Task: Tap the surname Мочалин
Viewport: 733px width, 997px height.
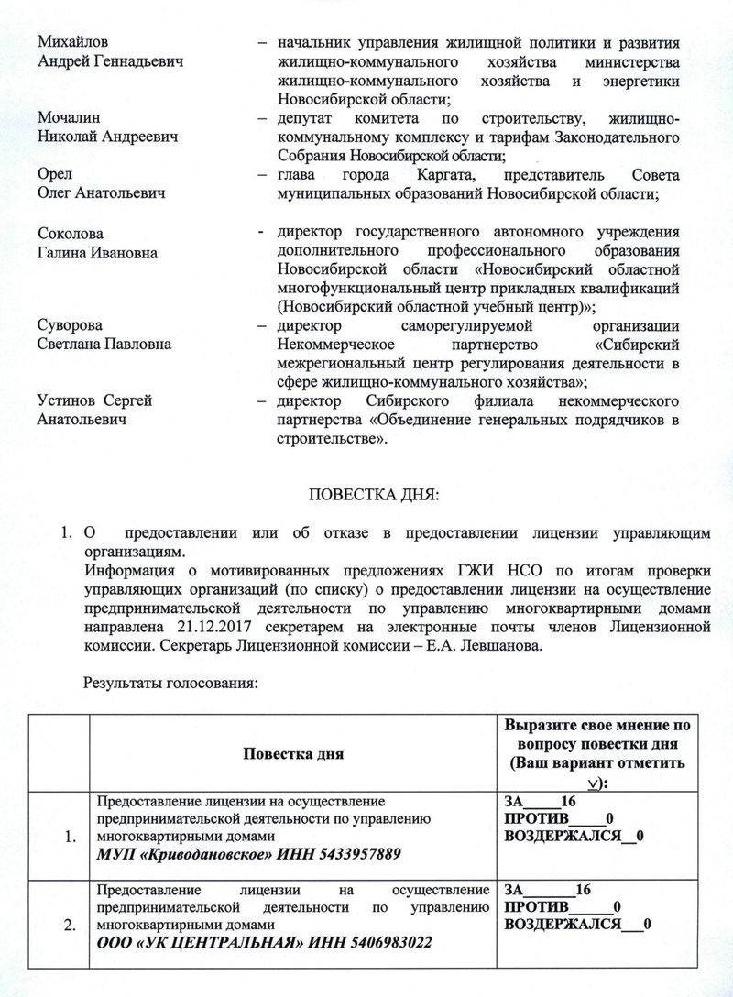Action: click(68, 118)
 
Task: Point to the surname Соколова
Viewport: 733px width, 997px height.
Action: click(71, 235)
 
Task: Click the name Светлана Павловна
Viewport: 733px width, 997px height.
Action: click(104, 344)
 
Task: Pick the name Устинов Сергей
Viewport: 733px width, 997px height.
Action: click(94, 400)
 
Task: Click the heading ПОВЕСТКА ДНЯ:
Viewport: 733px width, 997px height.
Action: click(366, 496)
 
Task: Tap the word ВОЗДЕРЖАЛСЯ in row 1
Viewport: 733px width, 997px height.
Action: click(561, 836)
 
